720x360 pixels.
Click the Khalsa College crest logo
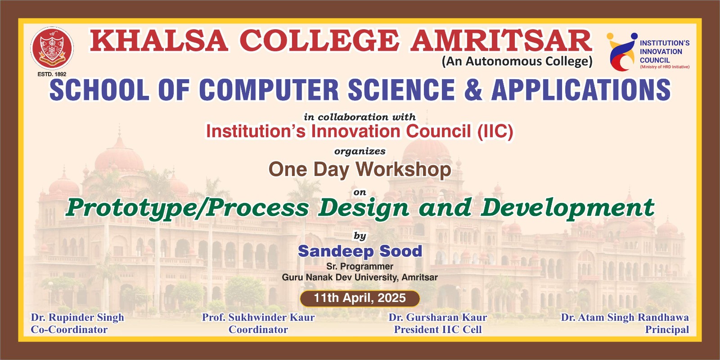pyautogui.click(x=52, y=48)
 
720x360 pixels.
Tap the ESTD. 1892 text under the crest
pyautogui.click(x=52, y=74)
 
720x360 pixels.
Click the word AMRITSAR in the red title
pyautogui.click(x=501, y=41)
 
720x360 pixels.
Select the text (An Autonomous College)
pyautogui.click(x=517, y=61)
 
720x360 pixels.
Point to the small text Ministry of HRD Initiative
pyautogui.click(x=665, y=67)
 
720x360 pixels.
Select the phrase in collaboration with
pyautogui.click(x=360, y=117)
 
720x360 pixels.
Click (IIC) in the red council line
pyautogui.click(x=495, y=131)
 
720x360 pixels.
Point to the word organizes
pyautogui.click(x=360, y=151)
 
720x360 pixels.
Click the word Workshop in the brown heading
pyautogui.click(x=403, y=169)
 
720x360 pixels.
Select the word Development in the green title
pyautogui.click(x=567, y=208)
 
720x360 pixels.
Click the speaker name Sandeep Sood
pyautogui.click(x=360, y=251)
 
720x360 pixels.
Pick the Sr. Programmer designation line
pyautogui.click(x=360, y=266)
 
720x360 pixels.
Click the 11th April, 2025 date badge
pyautogui.click(x=360, y=298)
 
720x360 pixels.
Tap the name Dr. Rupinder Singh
pyautogui.click(x=77, y=318)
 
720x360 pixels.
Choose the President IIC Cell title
pyautogui.click(x=438, y=330)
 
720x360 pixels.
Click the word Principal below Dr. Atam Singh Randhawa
pyautogui.click(x=667, y=330)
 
